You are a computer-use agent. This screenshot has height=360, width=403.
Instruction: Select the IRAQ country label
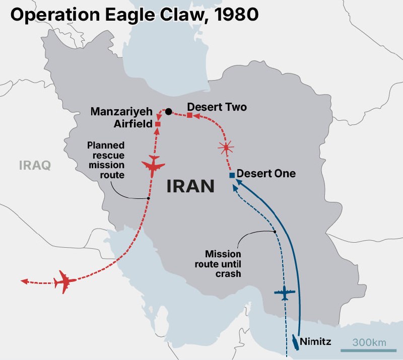(35, 165)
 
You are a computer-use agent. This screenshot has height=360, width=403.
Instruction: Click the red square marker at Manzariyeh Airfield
(158, 124)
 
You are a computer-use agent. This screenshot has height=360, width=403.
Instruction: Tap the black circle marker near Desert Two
(169, 111)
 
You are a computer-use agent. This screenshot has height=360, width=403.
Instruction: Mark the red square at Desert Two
(189, 115)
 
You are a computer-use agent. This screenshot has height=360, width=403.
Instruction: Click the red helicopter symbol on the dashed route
(226, 148)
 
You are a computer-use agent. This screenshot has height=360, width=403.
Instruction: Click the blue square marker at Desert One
(232, 175)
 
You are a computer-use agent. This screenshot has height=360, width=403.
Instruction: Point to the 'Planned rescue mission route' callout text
(106, 160)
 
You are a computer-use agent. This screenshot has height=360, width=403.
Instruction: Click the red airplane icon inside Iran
(154, 166)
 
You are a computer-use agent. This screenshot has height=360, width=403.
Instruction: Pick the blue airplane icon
(284, 293)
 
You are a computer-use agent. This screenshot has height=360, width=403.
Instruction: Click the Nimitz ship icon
(294, 342)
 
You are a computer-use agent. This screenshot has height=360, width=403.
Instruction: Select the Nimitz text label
(315, 342)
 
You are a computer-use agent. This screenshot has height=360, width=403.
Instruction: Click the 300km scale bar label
(369, 342)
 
